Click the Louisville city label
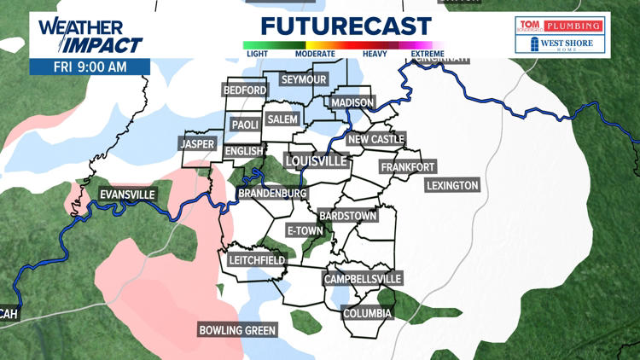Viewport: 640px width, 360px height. [316, 160]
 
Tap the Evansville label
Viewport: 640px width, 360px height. [127, 195]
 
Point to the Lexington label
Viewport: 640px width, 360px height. [453, 185]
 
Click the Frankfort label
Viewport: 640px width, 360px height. [408, 166]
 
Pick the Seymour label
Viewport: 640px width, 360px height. [304, 79]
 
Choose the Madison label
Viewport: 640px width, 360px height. [352, 102]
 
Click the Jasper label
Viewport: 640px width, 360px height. [198, 144]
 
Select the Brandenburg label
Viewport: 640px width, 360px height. [272, 195]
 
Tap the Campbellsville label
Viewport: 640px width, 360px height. [363, 279]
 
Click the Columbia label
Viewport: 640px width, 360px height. [367, 313]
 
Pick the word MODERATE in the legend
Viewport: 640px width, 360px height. [314, 54]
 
